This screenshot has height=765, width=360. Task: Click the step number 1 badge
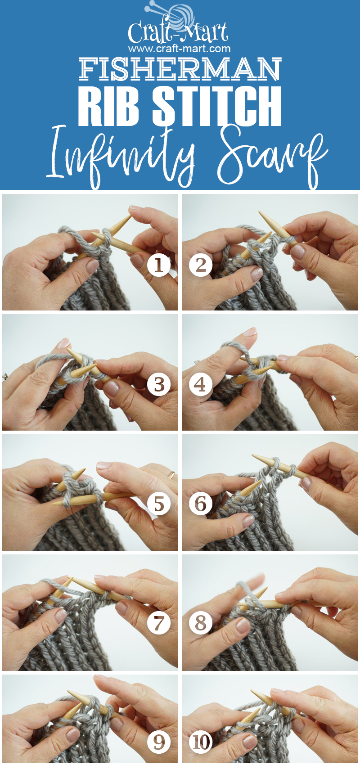tap(159, 265)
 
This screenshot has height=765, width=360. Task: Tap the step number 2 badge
tap(201, 265)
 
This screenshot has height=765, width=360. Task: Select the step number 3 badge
tap(159, 385)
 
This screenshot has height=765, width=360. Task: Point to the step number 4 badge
tap(201, 385)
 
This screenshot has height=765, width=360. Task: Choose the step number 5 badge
tap(159, 504)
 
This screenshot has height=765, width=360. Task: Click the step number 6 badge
tap(201, 504)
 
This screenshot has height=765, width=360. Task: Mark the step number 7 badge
tap(159, 623)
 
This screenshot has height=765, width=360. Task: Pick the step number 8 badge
tap(201, 623)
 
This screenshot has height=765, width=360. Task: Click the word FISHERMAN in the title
tap(180, 69)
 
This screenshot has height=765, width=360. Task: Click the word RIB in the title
tap(108, 106)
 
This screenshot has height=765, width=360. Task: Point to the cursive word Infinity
tap(121, 155)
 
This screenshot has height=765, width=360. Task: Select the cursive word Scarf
tap(270, 155)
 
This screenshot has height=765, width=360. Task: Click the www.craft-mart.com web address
tap(179, 48)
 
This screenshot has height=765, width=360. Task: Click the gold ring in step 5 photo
tap(171, 474)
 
